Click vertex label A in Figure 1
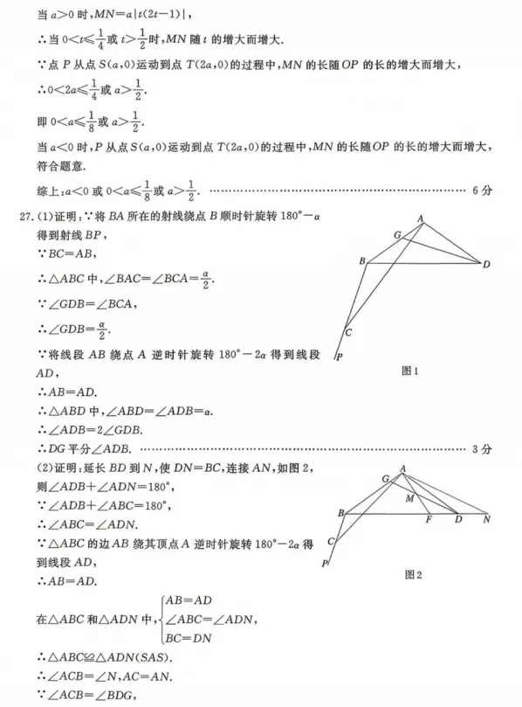420,218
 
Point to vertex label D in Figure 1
486,263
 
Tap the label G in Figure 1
397,234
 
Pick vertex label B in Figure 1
361,260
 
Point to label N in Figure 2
486,519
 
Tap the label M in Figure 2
409,499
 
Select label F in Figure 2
429,520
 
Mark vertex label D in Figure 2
458,520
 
